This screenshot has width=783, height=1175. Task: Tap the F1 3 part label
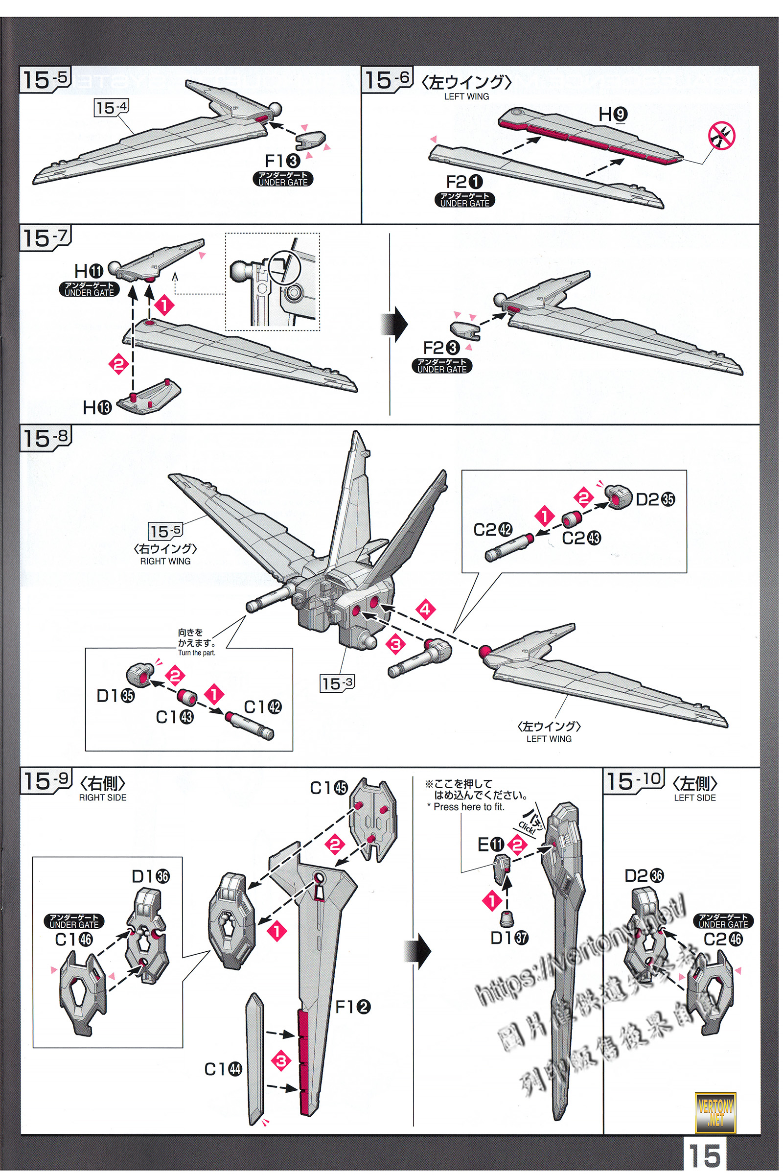tap(282, 161)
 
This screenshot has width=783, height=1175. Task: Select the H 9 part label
tap(613, 115)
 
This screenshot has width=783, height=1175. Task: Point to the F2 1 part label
tap(464, 182)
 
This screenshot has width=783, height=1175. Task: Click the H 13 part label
tap(97, 408)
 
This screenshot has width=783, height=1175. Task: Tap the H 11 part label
tap(89, 271)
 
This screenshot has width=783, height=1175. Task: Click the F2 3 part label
tap(441, 348)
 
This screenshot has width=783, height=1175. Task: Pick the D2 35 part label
tap(655, 499)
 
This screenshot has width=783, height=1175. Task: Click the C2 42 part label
tap(493, 530)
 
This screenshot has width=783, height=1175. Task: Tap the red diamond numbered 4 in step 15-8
tap(425, 610)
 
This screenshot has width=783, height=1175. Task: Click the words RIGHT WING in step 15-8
tap(165, 562)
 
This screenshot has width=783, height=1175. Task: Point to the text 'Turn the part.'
tap(197, 653)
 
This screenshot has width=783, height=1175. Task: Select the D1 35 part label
tap(115, 695)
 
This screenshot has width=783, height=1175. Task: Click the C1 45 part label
tap(328, 788)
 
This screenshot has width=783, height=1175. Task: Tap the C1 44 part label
tap(223, 1070)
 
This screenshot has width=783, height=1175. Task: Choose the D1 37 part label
tap(509, 938)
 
